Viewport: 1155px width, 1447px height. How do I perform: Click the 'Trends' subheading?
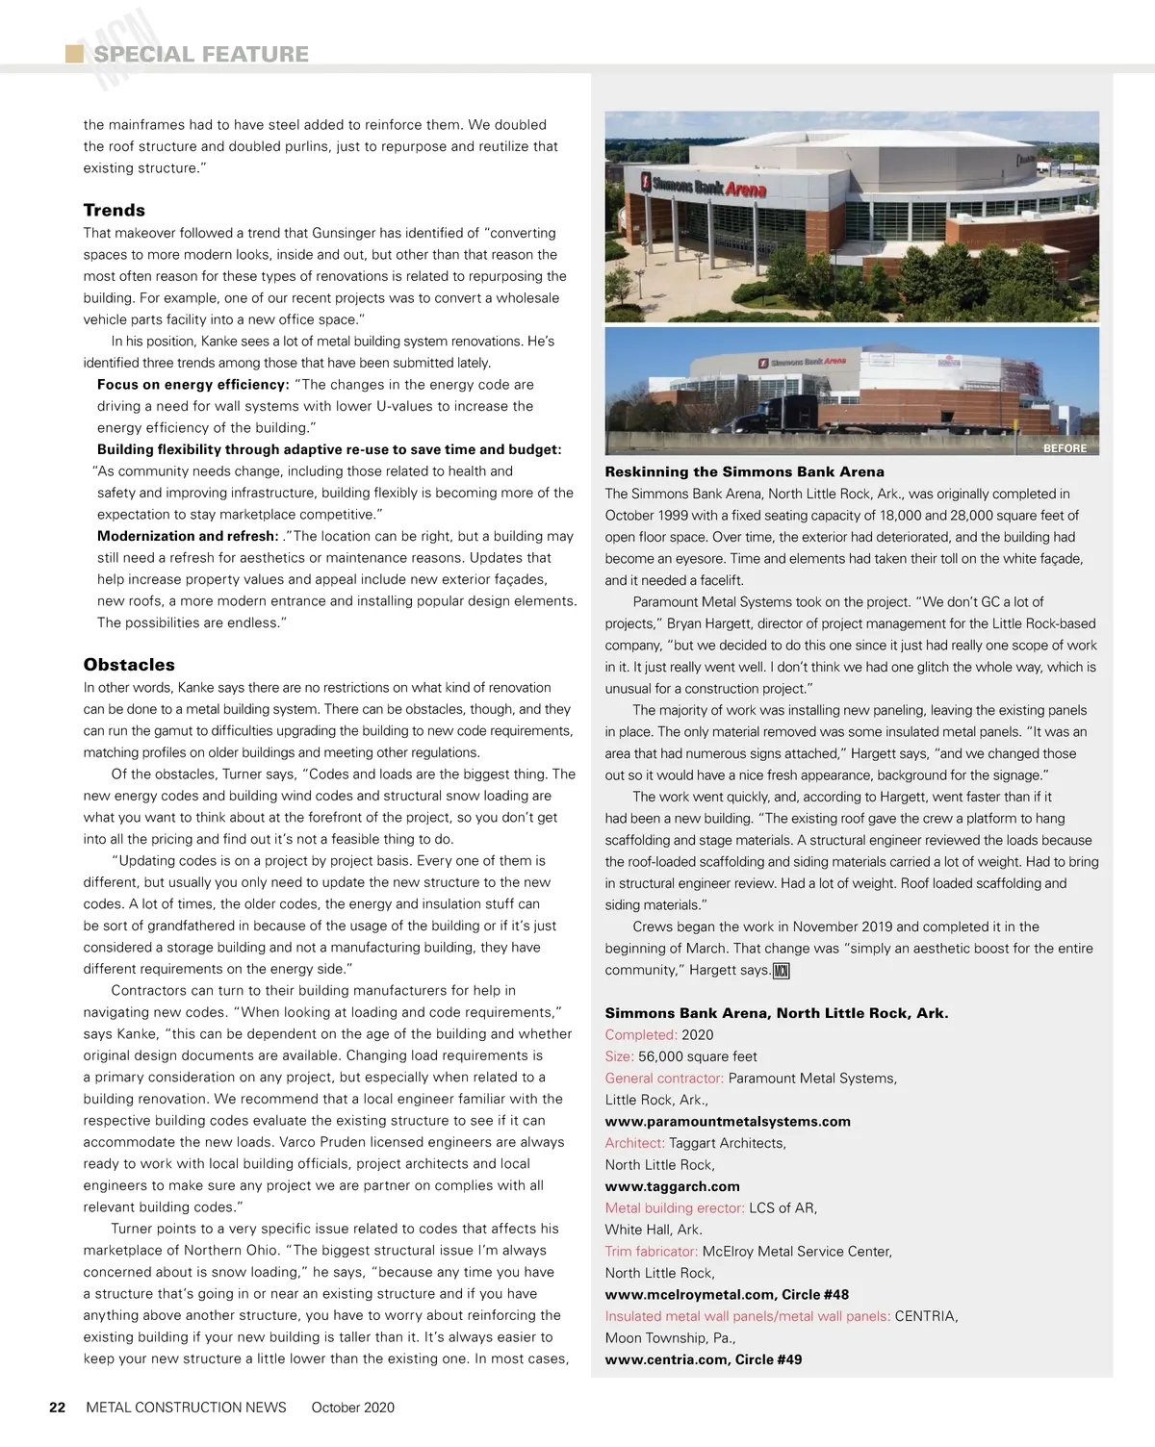pyautogui.click(x=115, y=210)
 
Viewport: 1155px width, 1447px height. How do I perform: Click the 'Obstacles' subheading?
pyautogui.click(x=129, y=665)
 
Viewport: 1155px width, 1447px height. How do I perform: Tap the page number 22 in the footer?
pyautogui.click(x=58, y=1407)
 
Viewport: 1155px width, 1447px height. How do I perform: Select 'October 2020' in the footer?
pyautogui.click(x=352, y=1407)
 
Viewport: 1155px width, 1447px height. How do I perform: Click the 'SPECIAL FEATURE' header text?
pyautogui.click(x=201, y=54)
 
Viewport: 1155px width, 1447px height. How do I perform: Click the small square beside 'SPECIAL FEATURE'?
pyautogui.click(x=74, y=54)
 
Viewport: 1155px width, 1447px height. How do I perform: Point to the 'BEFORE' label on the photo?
pyautogui.click(x=1065, y=448)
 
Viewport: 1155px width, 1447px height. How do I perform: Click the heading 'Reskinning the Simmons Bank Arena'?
pyautogui.click(x=744, y=471)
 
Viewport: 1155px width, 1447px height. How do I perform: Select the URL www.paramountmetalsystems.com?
pyautogui.click(x=728, y=1121)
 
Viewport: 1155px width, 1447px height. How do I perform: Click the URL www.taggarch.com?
pyautogui.click(x=672, y=1186)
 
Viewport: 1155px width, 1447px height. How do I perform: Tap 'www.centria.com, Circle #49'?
pyautogui.click(x=703, y=1359)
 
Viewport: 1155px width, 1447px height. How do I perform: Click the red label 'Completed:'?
pyautogui.click(x=641, y=1034)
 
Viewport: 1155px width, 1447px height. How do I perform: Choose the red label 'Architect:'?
pyautogui.click(x=634, y=1143)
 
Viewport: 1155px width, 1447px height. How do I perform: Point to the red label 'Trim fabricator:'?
pyautogui.click(x=651, y=1251)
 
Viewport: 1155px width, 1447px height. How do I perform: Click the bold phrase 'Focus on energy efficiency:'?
pyautogui.click(x=192, y=385)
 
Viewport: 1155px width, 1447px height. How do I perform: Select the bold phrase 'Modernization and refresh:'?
pyautogui.click(x=188, y=536)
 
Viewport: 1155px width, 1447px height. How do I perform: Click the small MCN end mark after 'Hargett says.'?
pyautogui.click(x=781, y=971)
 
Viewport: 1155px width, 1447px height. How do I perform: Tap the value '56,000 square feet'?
pyautogui.click(x=697, y=1056)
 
